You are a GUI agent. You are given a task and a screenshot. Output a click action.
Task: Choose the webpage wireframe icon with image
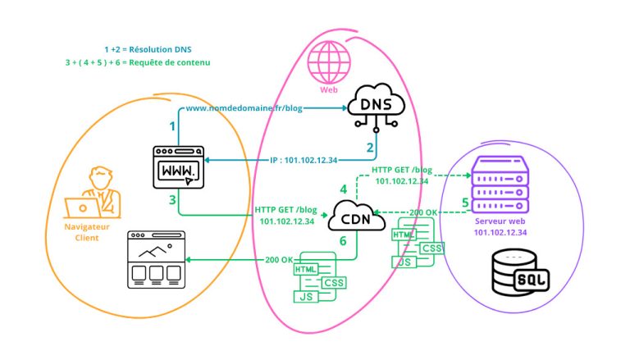[x=153, y=259]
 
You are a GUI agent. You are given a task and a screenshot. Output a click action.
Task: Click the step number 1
[x=172, y=126]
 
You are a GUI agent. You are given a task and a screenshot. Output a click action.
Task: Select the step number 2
[x=370, y=148]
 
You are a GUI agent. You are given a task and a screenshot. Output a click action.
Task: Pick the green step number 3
[x=172, y=200]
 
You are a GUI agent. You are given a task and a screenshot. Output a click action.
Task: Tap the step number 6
[x=344, y=242]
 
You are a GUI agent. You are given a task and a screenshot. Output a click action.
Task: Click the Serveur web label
[x=499, y=221]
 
